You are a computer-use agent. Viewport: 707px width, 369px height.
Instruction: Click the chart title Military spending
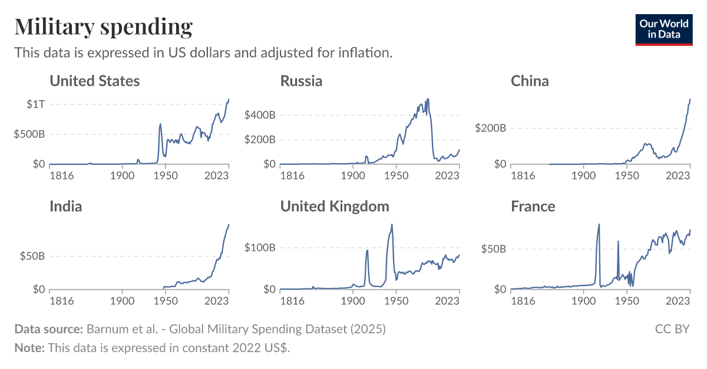pyautogui.click(x=103, y=26)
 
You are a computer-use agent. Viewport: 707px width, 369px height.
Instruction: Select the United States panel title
pyautogui.click(x=94, y=81)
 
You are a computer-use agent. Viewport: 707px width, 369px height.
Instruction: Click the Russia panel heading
pyautogui.click(x=301, y=81)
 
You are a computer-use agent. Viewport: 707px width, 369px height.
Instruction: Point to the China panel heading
pyautogui.click(x=530, y=81)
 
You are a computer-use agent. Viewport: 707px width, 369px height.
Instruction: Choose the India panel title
pyautogui.click(x=65, y=206)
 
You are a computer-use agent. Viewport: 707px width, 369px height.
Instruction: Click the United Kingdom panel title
pyautogui.click(x=335, y=206)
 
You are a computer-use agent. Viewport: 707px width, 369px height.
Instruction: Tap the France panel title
pyautogui.click(x=533, y=206)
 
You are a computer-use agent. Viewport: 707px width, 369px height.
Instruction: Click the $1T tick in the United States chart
pyautogui.click(x=35, y=104)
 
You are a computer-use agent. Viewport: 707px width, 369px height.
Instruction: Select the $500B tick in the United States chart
pyautogui.click(x=30, y=134)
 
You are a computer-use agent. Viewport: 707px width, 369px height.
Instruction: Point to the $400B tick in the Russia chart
pyautogui.click(x=260, y=115)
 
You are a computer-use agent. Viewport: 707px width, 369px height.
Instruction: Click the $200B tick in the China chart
pyautogui.click(x=491, y=128)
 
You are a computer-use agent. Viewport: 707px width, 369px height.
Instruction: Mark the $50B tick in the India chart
pyautogui.click(x=32, y=256)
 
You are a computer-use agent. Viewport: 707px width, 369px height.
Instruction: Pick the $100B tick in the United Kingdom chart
pyautogui.click(x=260, y=247)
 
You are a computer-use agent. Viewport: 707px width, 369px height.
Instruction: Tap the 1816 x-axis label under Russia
pyautogui.click(x=292, y=175)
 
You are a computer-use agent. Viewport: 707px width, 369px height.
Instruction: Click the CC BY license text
pyautogui.click(x=672, y=329)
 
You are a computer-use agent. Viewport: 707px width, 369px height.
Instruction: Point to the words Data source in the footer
pyautogui.click(x=48, y=329)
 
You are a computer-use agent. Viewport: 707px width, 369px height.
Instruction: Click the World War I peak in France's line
pyautogui.click(x=599, y=224)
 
